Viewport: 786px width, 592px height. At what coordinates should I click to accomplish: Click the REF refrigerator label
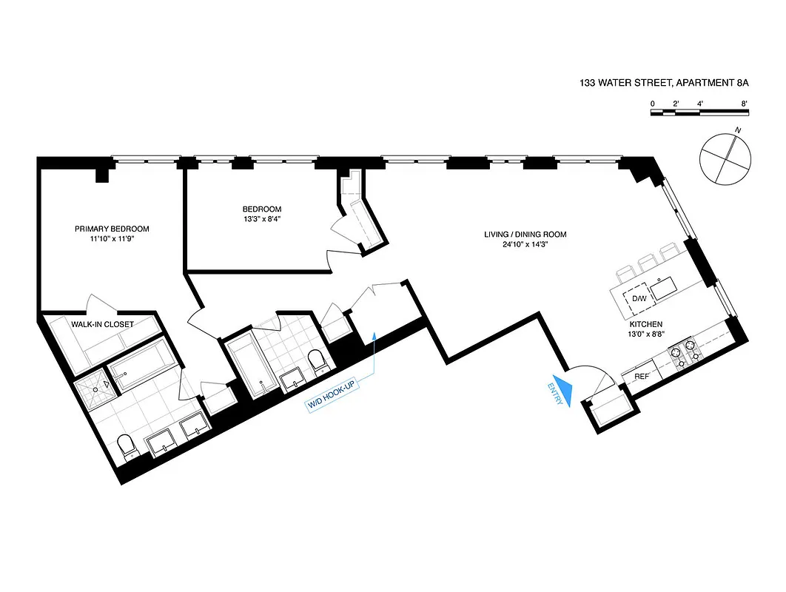(x=642, y=377)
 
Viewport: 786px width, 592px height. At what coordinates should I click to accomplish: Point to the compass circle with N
(x=725, y=158)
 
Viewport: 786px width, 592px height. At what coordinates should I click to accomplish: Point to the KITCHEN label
(x=646, y=324)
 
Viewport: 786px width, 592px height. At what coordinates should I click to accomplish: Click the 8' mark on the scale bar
(x=744, y=104)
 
